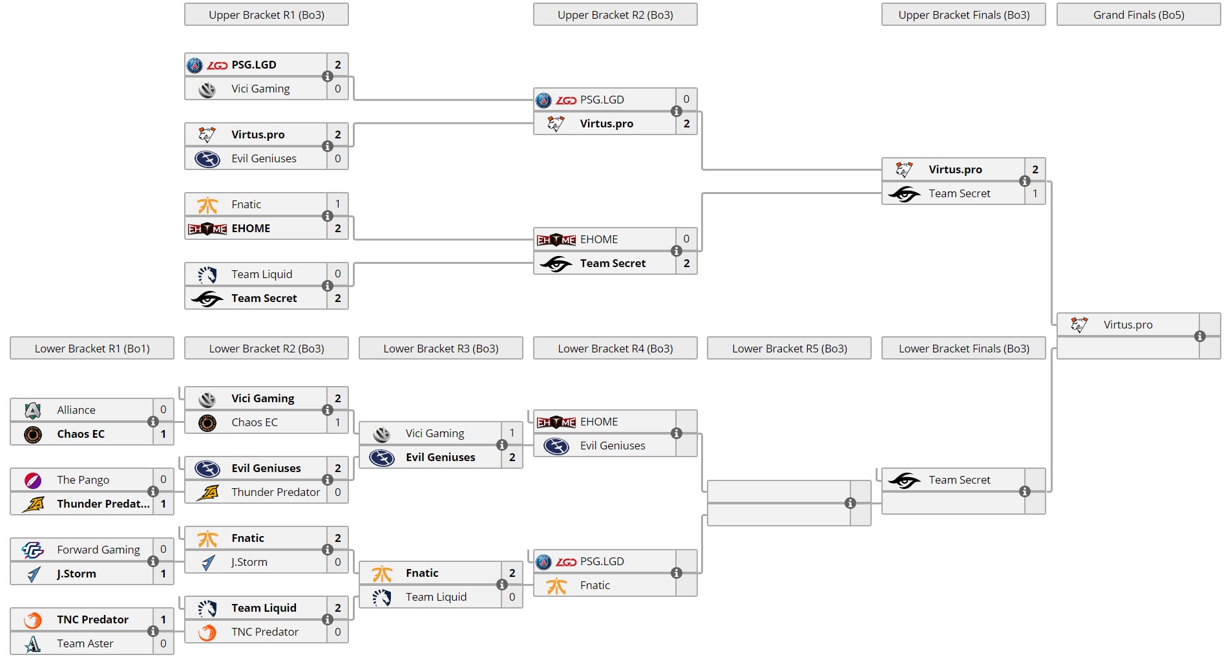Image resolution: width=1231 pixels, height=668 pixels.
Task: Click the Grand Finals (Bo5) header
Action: [x=1138, y=15]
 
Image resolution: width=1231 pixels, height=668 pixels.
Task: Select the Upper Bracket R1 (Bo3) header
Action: [x=266, y=15]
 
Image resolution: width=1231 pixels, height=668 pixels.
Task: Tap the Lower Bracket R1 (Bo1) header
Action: [x=92, y=349]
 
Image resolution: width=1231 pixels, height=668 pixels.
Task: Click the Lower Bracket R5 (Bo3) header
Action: [x=789, y=349]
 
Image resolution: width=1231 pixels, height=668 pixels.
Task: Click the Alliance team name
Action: [x=76, y=410]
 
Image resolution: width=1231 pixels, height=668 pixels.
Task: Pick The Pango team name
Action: [x=83, y=480]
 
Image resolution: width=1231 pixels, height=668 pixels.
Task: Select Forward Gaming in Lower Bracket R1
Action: [x=98, y=550]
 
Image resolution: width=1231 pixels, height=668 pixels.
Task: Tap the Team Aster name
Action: [x=85, y=643]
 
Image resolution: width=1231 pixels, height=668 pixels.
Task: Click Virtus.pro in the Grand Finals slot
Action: [x=1128, y=325]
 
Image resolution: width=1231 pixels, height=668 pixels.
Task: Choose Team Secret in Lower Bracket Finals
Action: [x=959, y=480]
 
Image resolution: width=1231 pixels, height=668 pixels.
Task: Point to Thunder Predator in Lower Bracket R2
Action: [x=275, y=492]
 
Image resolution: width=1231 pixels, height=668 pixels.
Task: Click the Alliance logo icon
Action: [x=33, y=410]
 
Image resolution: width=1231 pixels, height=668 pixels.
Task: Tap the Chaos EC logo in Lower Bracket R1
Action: [x=33, y=434]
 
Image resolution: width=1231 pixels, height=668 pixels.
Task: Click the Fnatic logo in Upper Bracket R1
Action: [x=207, y=205]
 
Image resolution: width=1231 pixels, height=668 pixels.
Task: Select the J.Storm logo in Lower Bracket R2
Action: [x=207, y=563]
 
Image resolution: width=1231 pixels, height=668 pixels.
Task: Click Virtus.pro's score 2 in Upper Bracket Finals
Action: [x=1035, y=169]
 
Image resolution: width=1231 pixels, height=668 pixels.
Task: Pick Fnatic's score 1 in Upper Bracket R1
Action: [x=337, y=204]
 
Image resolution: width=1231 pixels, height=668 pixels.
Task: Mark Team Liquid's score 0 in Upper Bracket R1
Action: [x=337, y=274]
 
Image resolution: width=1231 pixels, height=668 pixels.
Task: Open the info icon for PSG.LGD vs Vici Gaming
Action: [x=328, y=76]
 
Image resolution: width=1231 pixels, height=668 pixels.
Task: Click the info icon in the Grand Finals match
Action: [x=1199, y=336]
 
